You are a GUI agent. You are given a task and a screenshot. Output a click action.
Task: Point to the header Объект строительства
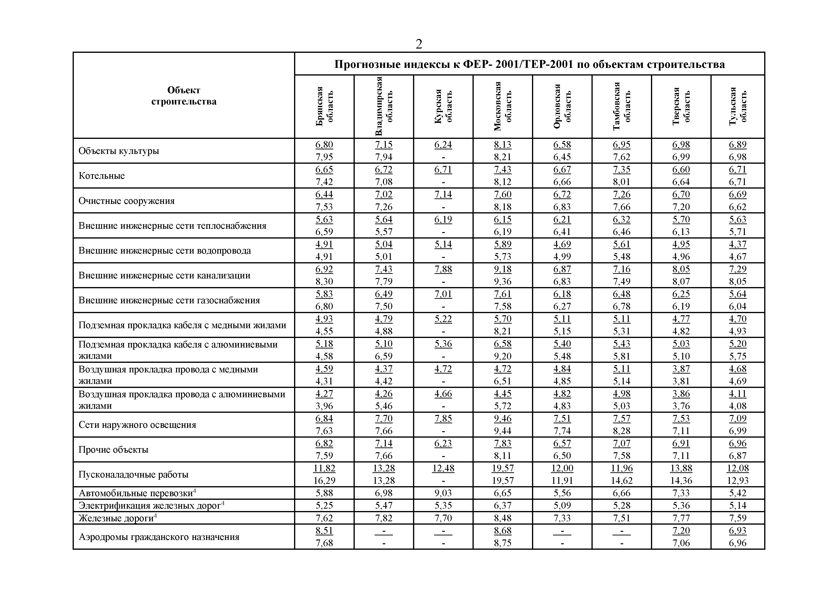(184, 96)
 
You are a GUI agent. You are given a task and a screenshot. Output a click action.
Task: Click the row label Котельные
(102, 176)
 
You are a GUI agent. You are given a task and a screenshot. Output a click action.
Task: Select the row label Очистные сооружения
(126, 201)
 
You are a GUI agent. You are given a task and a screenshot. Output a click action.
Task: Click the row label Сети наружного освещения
(137, 425)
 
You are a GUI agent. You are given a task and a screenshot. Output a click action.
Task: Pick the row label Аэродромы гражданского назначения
(159, 537)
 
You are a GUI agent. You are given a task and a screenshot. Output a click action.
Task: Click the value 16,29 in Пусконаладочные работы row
(324, 480)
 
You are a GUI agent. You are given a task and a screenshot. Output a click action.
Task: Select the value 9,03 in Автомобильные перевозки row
(443, 493)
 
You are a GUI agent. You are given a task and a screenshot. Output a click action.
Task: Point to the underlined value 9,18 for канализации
(503, 269)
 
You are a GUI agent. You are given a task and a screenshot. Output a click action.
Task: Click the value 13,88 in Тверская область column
(681, 468)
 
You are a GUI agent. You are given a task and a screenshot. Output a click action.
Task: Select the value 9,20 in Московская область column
(503, 356)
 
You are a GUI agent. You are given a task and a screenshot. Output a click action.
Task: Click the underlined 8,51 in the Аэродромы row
(324, 531)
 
